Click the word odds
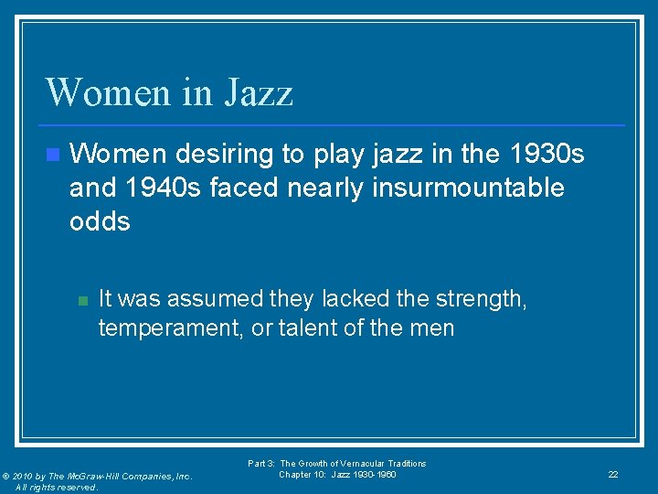pyautogui.click(x=100, y=221)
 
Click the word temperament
pyautogui.click(x=170, y=328)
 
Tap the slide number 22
pyautogui.click(x=613, y=474)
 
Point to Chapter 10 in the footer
pyautogui.click(x=300, y=474)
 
